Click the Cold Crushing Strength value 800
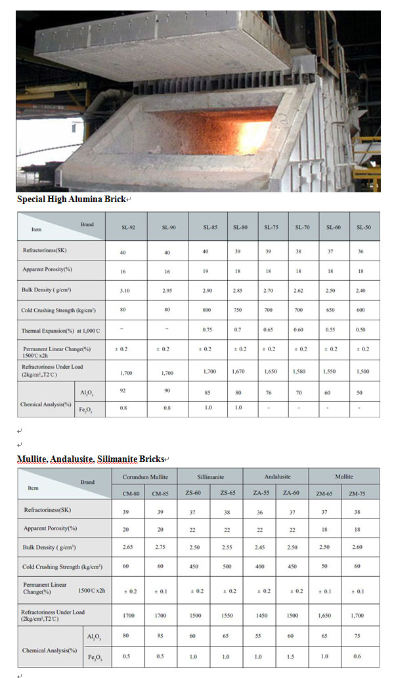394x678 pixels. [x=209, y=310]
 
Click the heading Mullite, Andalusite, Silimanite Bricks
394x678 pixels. [x=90, y=458]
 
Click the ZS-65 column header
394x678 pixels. [x=228, y=493]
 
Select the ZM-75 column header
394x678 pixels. [x=358, y=493]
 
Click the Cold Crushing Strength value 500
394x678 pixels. [x=228, y=566]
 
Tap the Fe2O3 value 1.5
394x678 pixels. [x=293, y=656]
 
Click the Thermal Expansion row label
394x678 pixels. [x=60, y=329]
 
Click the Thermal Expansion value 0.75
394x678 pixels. [x=209, y=329]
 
